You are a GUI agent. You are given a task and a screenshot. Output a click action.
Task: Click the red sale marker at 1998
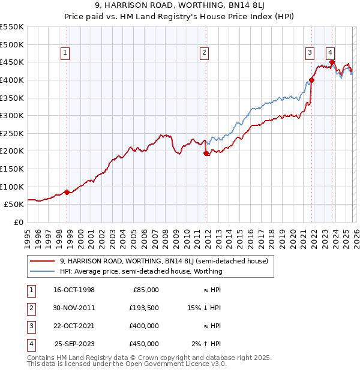coord(67,192)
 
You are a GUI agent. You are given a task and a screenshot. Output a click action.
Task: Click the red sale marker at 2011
coord(206,154)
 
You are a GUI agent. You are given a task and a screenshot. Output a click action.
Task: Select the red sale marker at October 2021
coord(312,80)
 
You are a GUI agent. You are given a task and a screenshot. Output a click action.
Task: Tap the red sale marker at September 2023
coord(332,62)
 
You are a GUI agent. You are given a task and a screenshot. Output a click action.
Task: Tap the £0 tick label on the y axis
coord(18,222)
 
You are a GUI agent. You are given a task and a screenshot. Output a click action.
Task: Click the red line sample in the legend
coord(43,261)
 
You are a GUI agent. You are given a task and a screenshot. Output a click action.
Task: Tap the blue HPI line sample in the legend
coord(43,271)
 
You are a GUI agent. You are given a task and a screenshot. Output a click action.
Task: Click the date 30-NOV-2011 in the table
coord(74,307)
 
